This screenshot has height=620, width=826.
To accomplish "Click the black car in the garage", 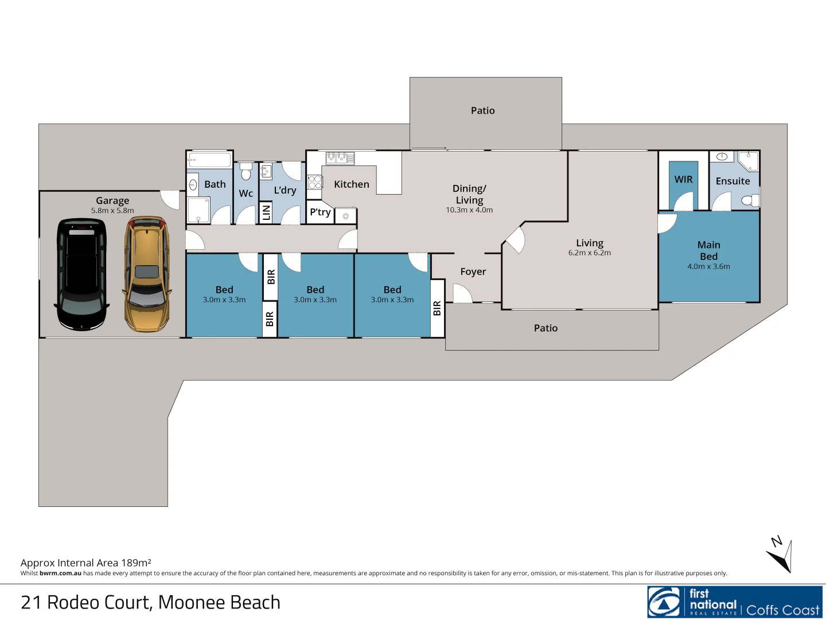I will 81,274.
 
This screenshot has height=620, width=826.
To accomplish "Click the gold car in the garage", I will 147,274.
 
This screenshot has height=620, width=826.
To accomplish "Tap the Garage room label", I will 112,200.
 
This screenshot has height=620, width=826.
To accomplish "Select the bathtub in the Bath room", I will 209,160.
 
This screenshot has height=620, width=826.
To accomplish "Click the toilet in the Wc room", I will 246,172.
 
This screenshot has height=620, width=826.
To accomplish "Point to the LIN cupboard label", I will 266,212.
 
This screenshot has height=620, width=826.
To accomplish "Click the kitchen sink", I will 340,158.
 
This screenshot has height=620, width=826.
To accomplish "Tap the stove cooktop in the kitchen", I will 314,182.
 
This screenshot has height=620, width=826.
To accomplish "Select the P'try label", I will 320,212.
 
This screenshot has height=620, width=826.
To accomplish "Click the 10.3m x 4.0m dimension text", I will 469,210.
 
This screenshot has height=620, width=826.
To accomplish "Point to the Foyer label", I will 473,272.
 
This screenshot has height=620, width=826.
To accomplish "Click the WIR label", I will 683,179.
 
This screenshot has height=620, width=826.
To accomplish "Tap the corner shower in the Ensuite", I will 748,161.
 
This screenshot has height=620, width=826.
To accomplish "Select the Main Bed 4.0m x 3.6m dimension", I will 708,266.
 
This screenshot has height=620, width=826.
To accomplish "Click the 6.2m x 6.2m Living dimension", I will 589,253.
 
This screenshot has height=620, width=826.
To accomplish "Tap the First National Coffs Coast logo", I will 735,602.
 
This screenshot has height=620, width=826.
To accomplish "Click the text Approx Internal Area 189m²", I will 86,563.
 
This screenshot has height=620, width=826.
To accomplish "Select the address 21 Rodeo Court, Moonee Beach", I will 150,602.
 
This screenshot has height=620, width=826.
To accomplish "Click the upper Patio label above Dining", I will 482,110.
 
